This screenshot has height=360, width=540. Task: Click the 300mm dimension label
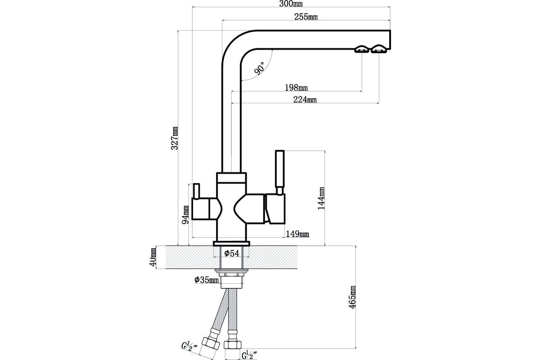(291, 4)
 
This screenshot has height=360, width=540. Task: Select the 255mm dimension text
(306, 17)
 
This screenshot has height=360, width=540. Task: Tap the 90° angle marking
(259, 68)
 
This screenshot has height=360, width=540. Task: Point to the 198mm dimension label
(296, 87)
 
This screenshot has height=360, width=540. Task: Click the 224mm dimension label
(305, 99)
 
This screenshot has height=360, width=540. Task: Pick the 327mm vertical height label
(175, 138)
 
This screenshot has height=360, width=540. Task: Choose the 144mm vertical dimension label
(321, 198)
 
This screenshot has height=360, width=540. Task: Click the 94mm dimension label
(185, 215)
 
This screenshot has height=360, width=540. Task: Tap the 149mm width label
(297, 234)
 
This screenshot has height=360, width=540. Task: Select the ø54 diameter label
(231, 253)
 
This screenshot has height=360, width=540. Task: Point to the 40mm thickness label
(153, 257)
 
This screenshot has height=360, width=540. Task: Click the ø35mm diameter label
(207, 280)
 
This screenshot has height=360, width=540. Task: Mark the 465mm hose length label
(352, 297)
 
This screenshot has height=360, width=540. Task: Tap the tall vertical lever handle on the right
(279, 172)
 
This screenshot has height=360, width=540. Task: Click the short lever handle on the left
(196, 191)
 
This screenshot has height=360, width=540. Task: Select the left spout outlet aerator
(362, 49)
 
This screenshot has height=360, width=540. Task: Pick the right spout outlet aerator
(379, 49)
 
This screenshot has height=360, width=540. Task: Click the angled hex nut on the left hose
(211, 343)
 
